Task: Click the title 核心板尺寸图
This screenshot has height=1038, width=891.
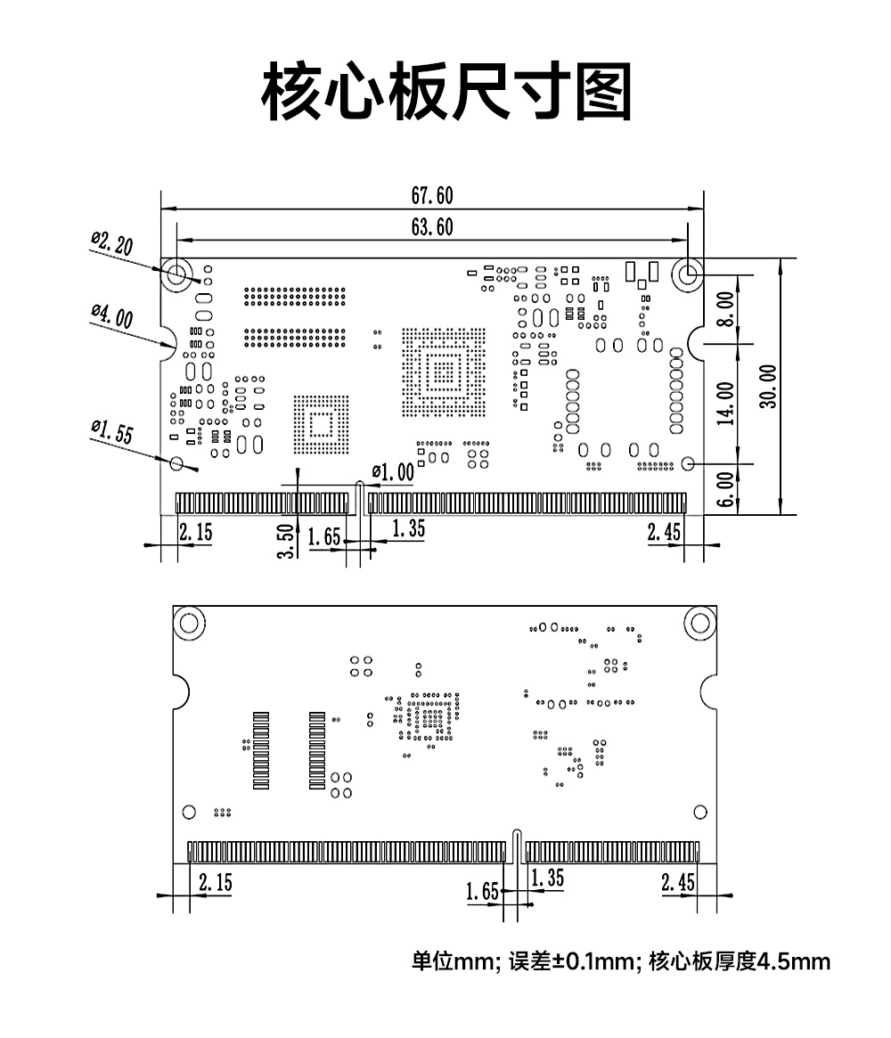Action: click(445, 92)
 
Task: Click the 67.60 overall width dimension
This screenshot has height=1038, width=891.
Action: click(431, 196)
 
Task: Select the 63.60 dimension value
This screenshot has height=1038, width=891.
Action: click(431, 227)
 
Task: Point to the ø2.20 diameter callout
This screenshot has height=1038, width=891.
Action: click(111, 241)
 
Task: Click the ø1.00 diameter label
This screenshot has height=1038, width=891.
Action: click(393, 472)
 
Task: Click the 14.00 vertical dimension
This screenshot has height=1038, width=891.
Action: click(726, 403)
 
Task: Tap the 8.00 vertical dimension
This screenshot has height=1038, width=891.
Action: click(726, 308)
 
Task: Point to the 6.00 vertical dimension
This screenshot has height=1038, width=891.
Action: click(726, 489)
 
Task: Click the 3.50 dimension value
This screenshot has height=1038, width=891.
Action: click(286, 540)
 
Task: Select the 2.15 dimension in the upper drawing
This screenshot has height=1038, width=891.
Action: click(196, 533)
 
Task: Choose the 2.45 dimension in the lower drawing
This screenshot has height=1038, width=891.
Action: click(678, 882)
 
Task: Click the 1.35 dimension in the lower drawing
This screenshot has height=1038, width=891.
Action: click(547, 878)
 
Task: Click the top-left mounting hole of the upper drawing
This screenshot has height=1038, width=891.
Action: click(176, 274)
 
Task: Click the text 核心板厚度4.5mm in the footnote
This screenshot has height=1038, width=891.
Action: click(740, 962)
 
